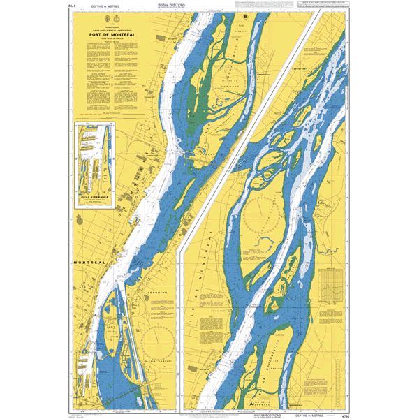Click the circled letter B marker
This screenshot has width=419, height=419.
coord(245,15)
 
